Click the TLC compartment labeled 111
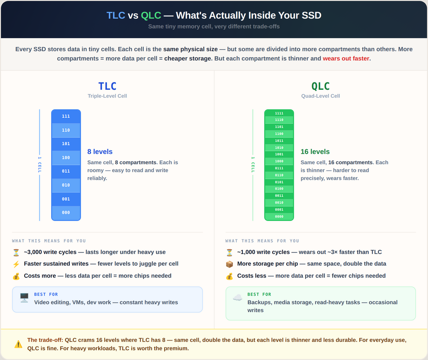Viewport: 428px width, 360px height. click(x=66, y=116)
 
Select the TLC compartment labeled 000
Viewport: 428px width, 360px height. click(x=66, y=213)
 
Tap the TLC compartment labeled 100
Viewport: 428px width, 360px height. click(x=66, y=158)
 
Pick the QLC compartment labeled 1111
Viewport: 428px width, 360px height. click(x=279, y=113)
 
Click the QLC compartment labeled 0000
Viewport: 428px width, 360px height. click(x=279, y=216)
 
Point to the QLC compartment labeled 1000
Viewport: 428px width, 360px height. click(x=279, y=161)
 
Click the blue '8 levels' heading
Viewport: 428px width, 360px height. click(x=100, y=152)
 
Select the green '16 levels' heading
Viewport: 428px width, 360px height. click(x=315, y=152)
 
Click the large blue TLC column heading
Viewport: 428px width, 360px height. click(x=107, y=86)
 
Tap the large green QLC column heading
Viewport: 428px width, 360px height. click(x=321, y=86)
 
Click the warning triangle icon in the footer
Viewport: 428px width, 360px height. click(x=18, y=344)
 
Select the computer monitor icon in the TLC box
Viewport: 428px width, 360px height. click(x=24, y=298)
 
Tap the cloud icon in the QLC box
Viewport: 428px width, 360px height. click(x=237, y=298)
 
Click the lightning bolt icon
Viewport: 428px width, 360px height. click(x=16, y=264)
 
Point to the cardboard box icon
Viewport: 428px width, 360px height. click(x=229, y=264)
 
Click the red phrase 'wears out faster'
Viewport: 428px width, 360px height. click(x=346, y=59)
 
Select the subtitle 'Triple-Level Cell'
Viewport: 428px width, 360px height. click(x=107, y=96)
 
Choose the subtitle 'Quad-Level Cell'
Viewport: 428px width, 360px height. click(x=321, y=96)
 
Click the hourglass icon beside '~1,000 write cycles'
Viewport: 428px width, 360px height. click(x=229, y=253)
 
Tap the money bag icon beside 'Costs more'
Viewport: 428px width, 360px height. click(x=16, y=276)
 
